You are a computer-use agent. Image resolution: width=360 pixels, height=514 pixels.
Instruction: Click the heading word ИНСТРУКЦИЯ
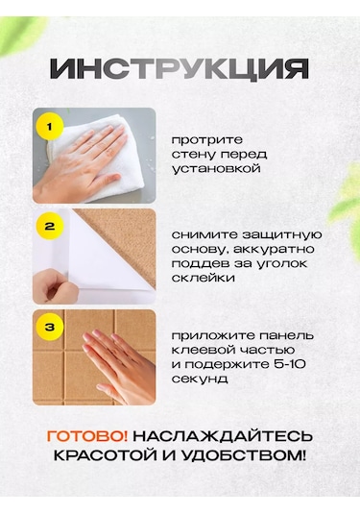pyautogui.click(x=180, y=69)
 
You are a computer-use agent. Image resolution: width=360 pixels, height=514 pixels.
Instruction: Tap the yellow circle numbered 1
pyautogui.click(x=50, y=127)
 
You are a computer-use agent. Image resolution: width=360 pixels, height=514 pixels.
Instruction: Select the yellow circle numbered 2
pyautogui.click(x=50, y=227)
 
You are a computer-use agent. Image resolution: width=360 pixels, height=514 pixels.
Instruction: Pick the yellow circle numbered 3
pyautogui.click(x=50, y=328)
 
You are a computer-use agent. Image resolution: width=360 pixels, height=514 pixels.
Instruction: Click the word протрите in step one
pyautogui.click(x=207, y=140)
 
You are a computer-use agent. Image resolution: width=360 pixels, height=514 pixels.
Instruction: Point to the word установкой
pyautogui.click(x=216, y=169)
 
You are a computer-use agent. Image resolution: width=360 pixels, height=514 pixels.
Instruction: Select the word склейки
pyautogui.click(x=204, y=278)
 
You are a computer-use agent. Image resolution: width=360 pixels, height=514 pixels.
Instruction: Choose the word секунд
pyautogui.click(x=200, y=379)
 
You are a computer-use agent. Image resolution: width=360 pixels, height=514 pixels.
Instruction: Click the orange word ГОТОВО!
pyautogui.click(x=87, y=436)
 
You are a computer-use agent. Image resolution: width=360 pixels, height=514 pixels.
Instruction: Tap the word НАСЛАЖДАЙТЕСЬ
pyautogui.click(x=223, y=436)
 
